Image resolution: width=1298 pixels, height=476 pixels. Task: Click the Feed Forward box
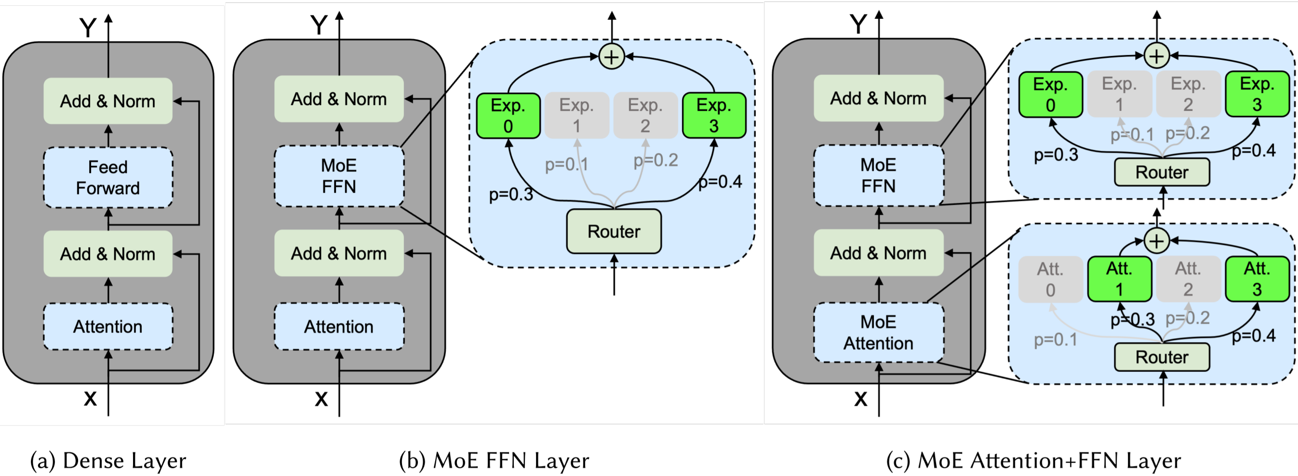(108, 177)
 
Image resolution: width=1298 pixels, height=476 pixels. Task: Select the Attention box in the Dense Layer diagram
(108, 326)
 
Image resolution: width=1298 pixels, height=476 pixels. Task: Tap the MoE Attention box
(878, 332)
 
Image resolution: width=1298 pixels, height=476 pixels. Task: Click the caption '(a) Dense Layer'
(108, 461)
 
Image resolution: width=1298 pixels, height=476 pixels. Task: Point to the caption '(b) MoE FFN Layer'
(494, 461)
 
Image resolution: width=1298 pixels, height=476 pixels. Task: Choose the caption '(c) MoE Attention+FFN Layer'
(1033, 461)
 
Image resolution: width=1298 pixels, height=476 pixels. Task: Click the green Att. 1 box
(1119, 279)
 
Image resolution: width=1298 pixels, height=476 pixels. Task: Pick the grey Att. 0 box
(1051, 279)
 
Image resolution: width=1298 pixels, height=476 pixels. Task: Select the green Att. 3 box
(1257, 279)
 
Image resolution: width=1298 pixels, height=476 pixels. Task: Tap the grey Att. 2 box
(1188, 279)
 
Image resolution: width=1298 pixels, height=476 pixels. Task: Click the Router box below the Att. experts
(1162, 357)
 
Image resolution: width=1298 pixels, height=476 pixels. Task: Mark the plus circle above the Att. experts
(1157, 241)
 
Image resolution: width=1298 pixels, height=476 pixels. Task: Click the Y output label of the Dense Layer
(88, 28)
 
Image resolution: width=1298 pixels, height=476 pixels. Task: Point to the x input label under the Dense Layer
(90, 398)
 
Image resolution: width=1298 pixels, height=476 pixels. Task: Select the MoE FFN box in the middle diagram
(339, 176)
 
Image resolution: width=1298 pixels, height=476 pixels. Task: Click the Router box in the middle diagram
(614, 231)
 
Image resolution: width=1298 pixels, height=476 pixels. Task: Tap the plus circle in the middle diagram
(612, 56)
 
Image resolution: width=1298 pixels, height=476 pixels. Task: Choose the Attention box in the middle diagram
(339, 326)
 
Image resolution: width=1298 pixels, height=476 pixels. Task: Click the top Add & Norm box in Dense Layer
(108, 101)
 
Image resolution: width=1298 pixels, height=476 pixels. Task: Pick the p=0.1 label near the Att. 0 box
(1055, 340)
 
